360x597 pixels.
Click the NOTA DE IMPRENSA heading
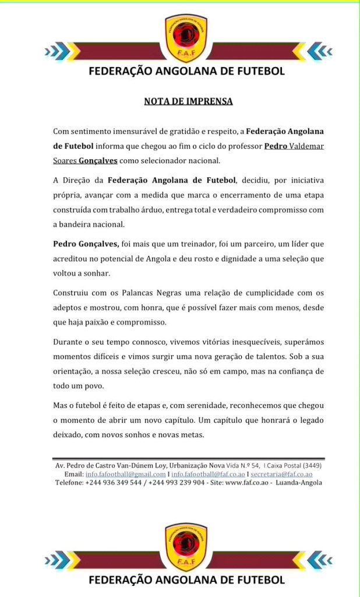(x=188, y=101)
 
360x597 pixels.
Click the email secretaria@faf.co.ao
(x=281, y=474)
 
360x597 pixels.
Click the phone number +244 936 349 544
(x=114, y=482)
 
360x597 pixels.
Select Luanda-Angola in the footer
(x=299, y=482)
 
